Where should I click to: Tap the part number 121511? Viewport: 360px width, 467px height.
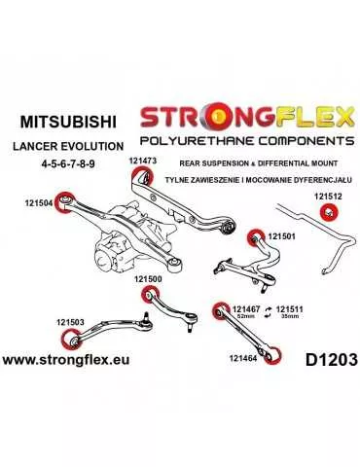pyautogui.click(x=290, y=308)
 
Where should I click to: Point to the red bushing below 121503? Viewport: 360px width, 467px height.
pyautogui.click(x=70, y=341)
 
